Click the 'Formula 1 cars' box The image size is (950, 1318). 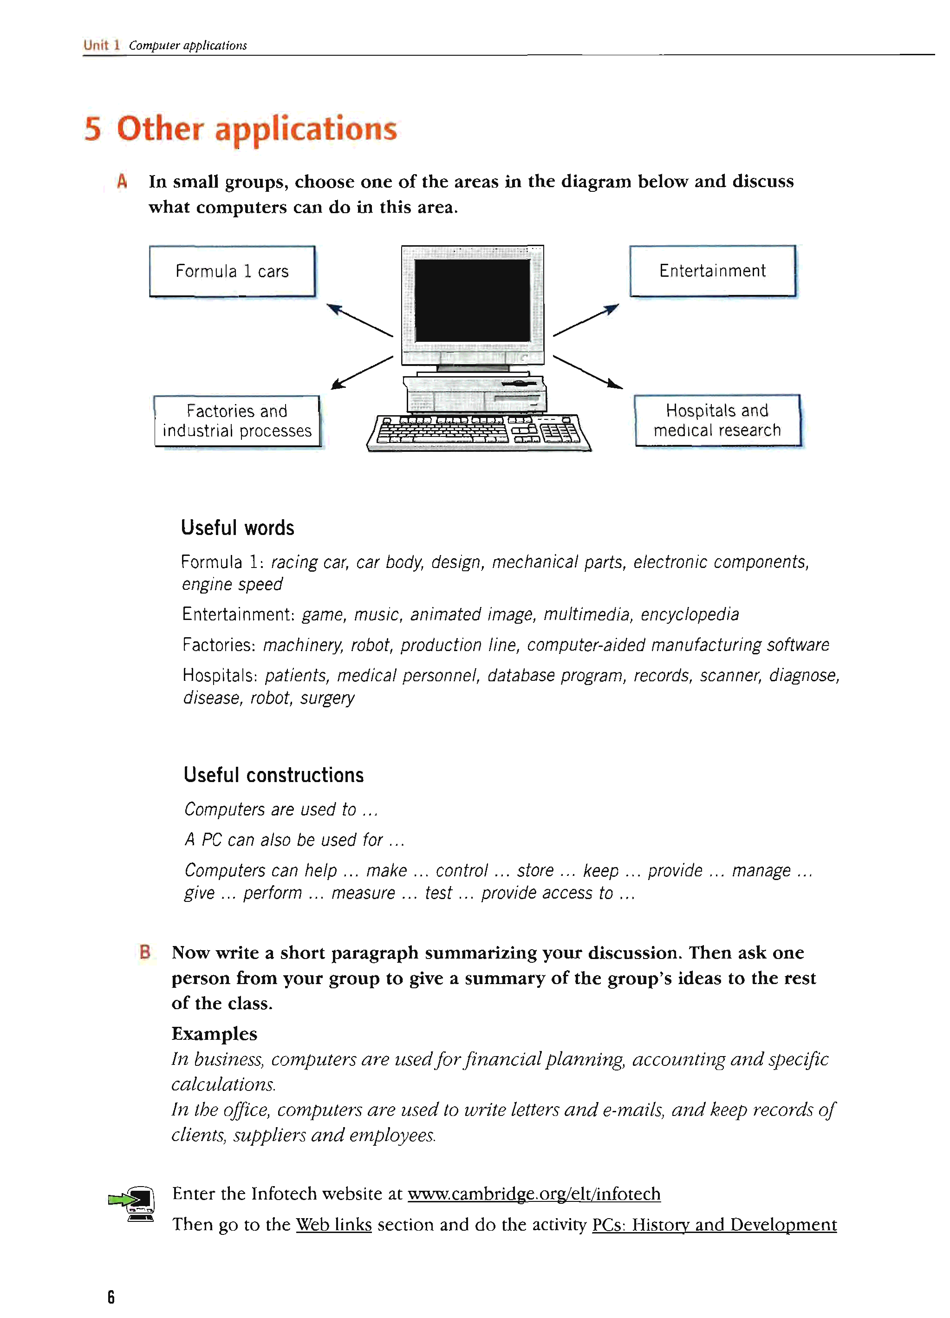232,271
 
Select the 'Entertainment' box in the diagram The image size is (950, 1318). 712,271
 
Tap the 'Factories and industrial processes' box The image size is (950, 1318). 237,421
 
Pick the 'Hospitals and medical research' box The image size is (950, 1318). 717,420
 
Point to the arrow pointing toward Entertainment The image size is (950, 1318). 586,320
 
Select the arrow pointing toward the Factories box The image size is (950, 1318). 361,372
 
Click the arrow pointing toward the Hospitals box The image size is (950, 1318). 587,372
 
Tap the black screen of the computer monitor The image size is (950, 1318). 472,300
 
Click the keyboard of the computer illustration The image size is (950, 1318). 479,432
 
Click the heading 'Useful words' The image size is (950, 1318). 238,528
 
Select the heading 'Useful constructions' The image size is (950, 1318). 273,775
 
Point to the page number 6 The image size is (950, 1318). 111,1297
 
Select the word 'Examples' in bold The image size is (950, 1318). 215,1033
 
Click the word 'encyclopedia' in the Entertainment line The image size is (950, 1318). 690,614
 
